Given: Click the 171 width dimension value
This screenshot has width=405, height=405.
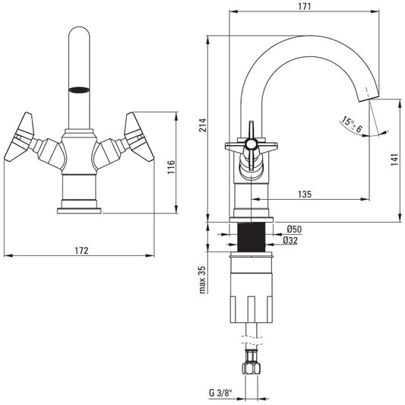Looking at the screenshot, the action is tap(305, 6).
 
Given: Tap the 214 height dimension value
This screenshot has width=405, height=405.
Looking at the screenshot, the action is tap(203, 125).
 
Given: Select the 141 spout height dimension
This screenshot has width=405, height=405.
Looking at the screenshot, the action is tap(394, 160).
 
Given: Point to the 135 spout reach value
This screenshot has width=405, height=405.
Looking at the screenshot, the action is tap(305, 194).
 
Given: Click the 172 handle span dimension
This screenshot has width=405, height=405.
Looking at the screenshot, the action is tap(81, 251).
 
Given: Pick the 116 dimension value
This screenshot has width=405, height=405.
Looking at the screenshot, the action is tap(171, 167).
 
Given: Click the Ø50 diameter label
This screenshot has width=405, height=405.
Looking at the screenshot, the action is tap(295, 229).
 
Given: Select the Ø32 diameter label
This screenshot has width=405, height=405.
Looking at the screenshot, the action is tap(290, 240).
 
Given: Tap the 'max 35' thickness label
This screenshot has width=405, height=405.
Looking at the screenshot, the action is tap(203, 280).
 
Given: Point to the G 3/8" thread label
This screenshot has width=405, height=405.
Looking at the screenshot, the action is tap(220, 393).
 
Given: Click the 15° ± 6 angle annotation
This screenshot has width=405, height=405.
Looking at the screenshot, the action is tap(352, 125).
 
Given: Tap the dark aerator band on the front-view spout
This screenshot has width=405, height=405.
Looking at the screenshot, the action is tap(79, 90).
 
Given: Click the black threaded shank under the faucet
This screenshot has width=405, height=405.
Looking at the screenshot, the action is tap(252, 237).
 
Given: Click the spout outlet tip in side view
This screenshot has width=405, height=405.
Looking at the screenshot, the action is tap(369, 98).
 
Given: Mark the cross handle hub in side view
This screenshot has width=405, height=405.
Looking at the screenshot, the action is tap(251, 144).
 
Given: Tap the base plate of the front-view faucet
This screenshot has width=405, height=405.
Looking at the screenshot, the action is tap(79, 210).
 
